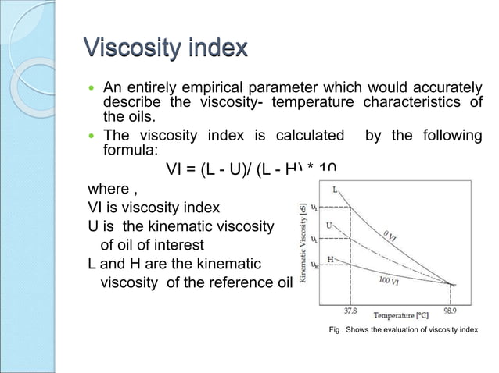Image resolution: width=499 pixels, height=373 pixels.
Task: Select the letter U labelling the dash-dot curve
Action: coord(329,226)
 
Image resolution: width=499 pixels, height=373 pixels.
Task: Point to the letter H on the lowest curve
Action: coord(331,258)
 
